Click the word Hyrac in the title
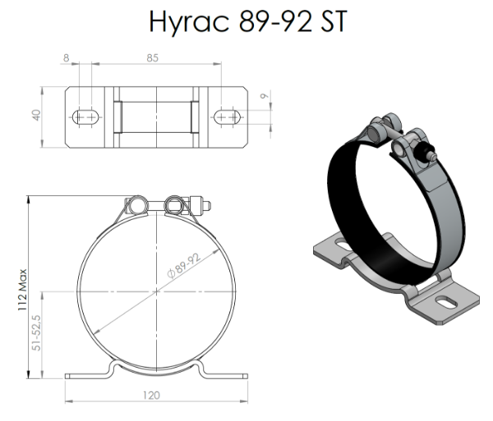point(189,22)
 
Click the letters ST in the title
point(334,21)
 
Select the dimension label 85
point(153,58)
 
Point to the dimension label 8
point(66,58)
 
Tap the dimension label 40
point(36,115)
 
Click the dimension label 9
point(265,96)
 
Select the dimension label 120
point(151,396)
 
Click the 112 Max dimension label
point(22,290)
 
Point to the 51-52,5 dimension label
point(36,333)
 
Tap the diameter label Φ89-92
point(184,266)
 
